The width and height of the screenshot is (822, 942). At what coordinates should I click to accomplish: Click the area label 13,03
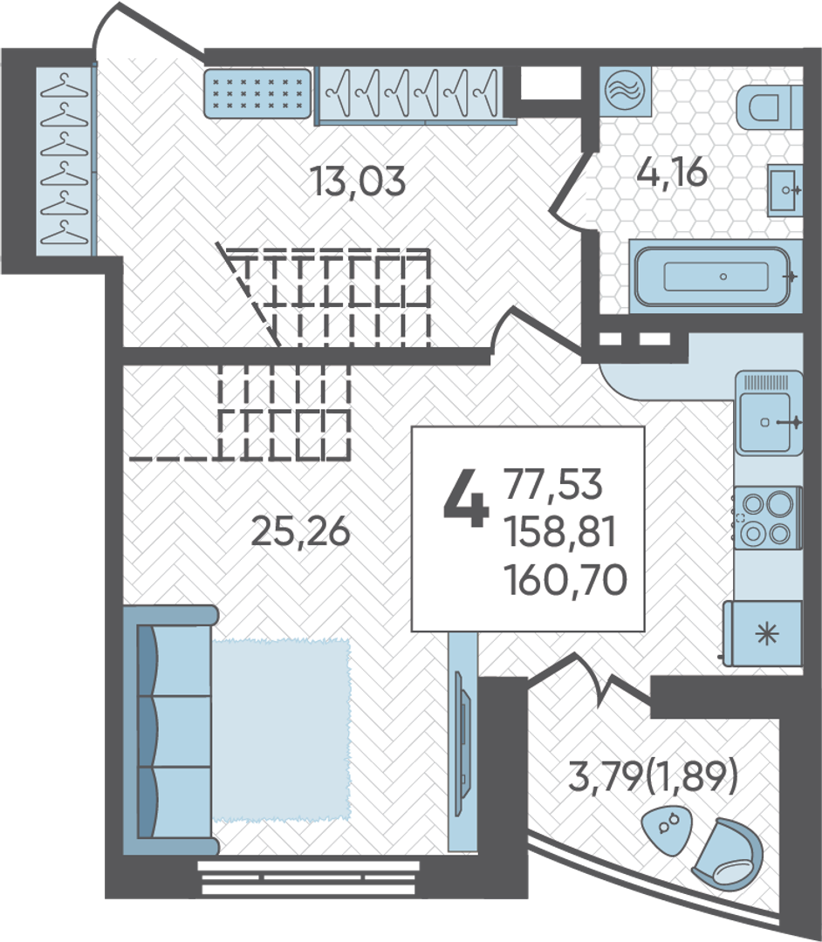pyautogui.click(x=358, y=181)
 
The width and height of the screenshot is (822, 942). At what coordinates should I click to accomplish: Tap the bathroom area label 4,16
pyautogui.click(x=672, y=173)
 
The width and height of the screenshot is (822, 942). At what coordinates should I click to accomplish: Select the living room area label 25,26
pyautogui.click(x=300, y=531)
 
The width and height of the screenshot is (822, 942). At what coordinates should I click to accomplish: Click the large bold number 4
pyautogui.click(x=465, y=498)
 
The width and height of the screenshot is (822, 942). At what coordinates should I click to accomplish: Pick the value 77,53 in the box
pyautogui.click(x=553, y=484)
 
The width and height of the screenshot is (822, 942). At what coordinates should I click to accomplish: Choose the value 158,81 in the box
pyautogui.click(x=560, y=532)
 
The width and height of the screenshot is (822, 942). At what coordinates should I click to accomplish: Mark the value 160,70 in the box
pyautogui.click(x=565, y=580)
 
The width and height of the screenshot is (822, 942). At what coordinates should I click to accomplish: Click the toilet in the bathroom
pyautogui.click(x=769, y=107)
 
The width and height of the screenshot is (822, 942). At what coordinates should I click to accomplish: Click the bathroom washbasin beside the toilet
pyautogui.click(x=785, y=189)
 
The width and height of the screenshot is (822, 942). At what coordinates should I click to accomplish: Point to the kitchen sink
pyautogui.click(x=769, y=413)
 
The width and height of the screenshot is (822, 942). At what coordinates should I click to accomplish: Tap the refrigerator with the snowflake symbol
pyautogui.click(x=764, y=633)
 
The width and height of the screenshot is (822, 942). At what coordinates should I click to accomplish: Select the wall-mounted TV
pyautogui.click(x=462, y=743)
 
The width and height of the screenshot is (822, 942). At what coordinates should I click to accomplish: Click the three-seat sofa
pyautogui.click(x=169, y=731)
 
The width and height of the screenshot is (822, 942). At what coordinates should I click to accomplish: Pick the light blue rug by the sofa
pyautogui.click(x=281, y=731)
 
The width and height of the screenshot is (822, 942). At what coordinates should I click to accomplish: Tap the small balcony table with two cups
pyautogui.click(x=668, y=831)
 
